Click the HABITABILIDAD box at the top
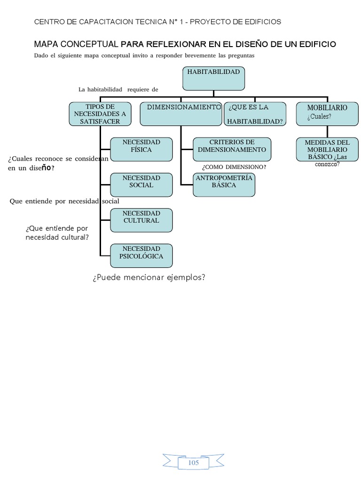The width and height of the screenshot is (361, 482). tap(213, 78)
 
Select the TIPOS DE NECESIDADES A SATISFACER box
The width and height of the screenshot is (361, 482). tap(100, 114)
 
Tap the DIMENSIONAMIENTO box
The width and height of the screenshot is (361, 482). tap(181, 114)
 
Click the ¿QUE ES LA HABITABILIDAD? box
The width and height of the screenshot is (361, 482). tap(255, 114)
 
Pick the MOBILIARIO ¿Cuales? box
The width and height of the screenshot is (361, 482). tap(327, 114)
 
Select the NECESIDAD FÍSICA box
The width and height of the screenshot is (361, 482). tap(141, 149)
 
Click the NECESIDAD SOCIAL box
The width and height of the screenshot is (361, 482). tap(141, 185)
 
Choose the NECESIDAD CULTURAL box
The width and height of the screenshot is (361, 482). tap(141, 220)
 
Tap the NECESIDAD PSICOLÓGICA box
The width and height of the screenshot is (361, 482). tap(141, 256)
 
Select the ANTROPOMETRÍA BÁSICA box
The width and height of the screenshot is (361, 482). tap(224, 185)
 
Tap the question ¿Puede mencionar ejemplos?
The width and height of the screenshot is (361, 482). tap(149, 277)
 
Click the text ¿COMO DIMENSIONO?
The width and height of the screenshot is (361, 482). tap(234, 167)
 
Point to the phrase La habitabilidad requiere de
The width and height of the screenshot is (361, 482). tap(118, 89)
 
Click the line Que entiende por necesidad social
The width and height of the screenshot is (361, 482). tap(64, 201)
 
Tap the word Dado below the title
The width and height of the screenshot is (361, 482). tap(41, 56)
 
